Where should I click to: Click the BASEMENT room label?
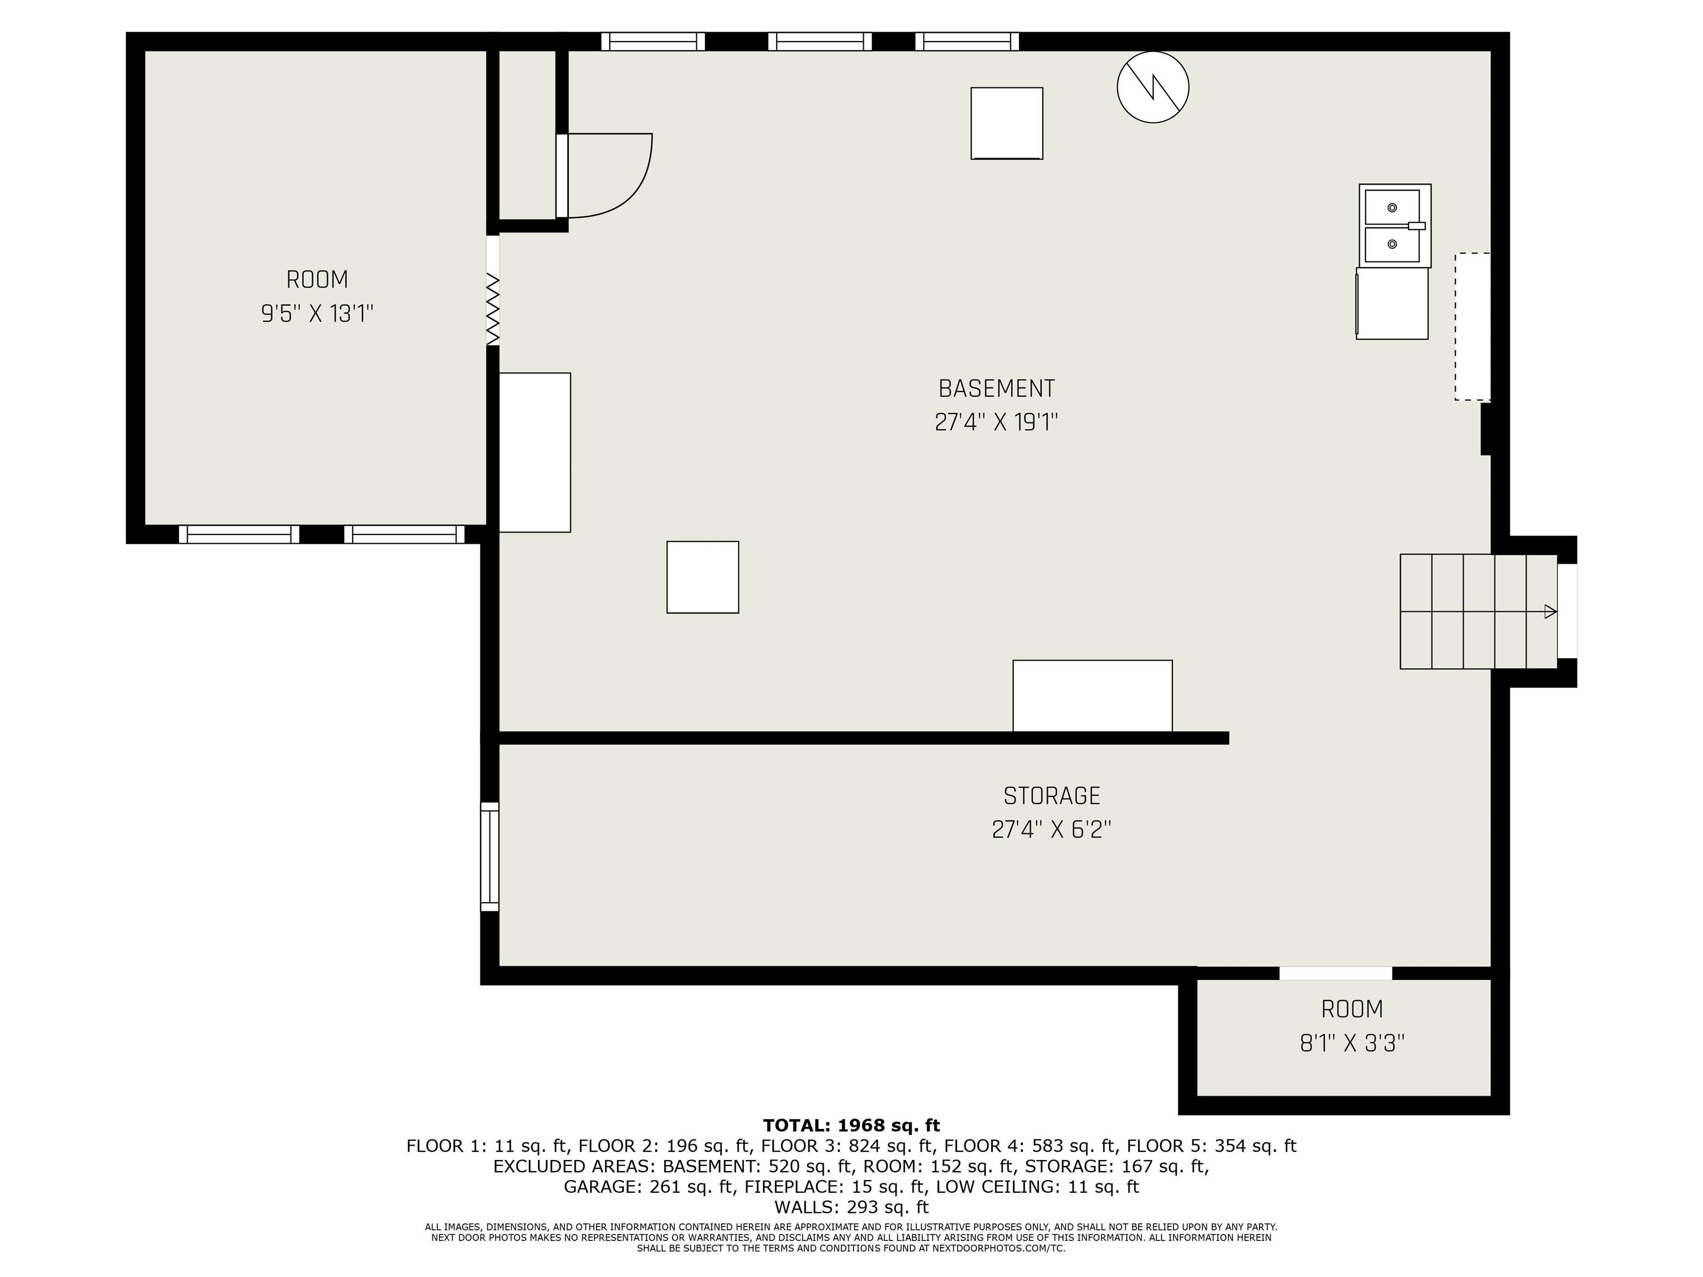[996, 388]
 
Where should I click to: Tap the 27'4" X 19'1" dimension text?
[996, 422]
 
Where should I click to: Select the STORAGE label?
[1052, 795]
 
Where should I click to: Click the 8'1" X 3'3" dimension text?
[1352, 1043]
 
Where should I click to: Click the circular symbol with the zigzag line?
[1153, 87]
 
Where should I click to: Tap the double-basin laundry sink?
[1394, 226]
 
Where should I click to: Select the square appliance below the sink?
[1392, 303]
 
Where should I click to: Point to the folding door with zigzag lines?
[493, 308]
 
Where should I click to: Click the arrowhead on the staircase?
[1551, 612]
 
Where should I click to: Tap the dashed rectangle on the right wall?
[1472, 326]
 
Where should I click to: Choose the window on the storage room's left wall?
[490, 857]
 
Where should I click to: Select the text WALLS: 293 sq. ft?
[851, 1207]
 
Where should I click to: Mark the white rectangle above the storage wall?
[1093, 696]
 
